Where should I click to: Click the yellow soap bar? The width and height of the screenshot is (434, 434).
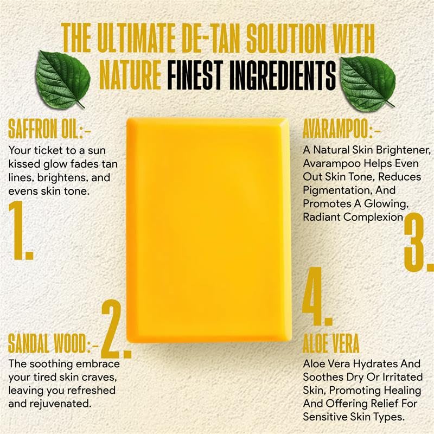(x=209, y=230)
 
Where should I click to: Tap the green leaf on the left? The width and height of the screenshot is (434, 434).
(x=64, y=78)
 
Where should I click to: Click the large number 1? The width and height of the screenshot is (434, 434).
(x=20, y=231)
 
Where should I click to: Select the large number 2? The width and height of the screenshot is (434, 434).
(x=116, y=329)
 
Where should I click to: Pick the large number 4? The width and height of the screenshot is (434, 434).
(x=317, y=296)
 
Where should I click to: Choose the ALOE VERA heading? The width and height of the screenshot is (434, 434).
(x=331, y=343)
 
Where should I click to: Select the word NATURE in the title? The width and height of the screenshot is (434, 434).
(x=130, y=75)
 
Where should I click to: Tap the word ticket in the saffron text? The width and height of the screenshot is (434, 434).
(x=49, y=151)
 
